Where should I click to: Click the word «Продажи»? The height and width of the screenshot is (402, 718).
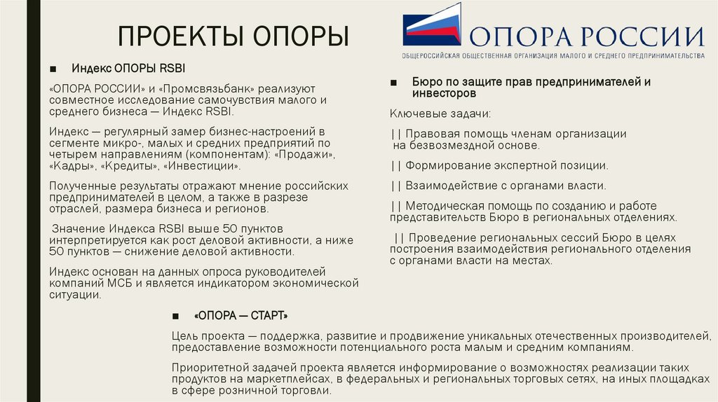click(309, 153)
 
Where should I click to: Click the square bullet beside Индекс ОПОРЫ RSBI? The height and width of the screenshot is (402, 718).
click(53, 69)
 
